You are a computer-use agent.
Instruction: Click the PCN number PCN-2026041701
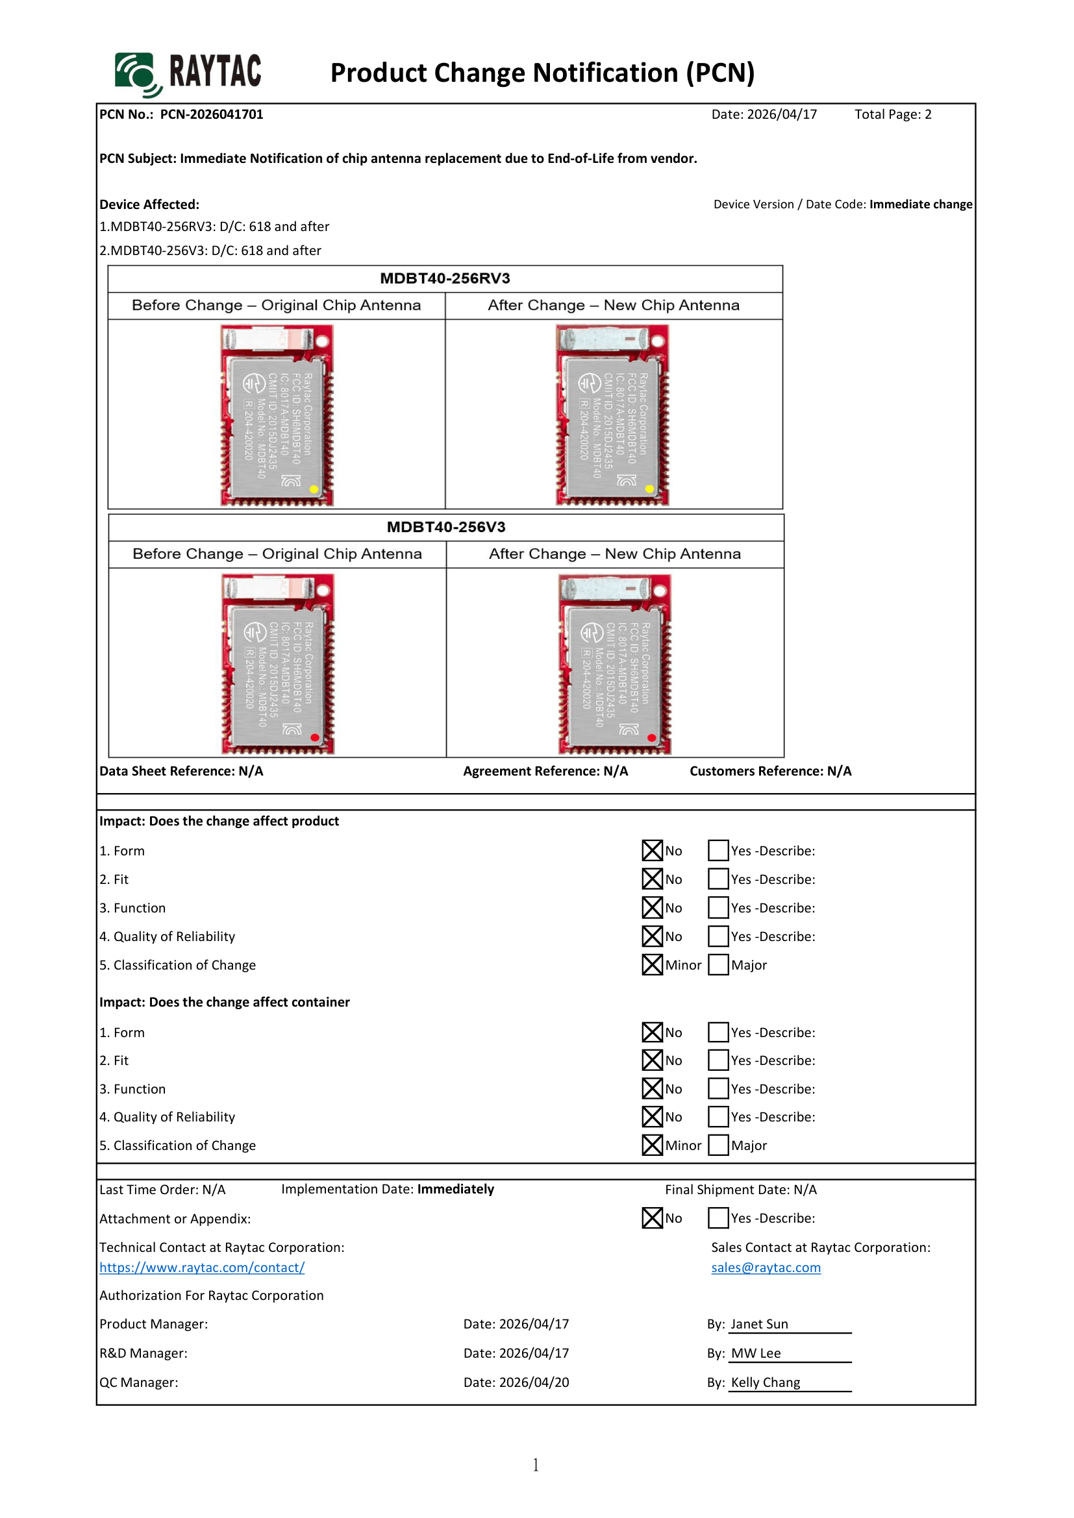tap(212, 114)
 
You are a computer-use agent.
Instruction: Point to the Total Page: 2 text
tap(893, 114)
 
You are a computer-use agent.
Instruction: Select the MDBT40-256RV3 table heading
tap(445, 278)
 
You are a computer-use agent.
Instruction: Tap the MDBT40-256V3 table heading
tap(445, 527)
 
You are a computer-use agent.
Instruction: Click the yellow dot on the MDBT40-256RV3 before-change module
tap(314, 489)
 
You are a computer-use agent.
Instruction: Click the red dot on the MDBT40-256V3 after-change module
tap(651, 738)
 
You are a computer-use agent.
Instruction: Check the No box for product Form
tap(652, 850)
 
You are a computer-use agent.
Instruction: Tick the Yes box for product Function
tap(718, 908)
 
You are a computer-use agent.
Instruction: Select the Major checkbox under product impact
tap(718, 964)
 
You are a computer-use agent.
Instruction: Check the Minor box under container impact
tap(652, 1145)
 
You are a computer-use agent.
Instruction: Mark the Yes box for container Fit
tap(718, 1060)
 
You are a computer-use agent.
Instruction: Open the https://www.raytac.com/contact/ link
tap(202, 1267)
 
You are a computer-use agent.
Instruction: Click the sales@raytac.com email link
tap(766, 1267)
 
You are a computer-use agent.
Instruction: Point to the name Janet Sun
tap(759, 1325)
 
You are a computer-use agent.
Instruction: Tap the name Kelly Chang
tap(765, 1382)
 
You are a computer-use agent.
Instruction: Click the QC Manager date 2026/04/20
tap(534, 1382)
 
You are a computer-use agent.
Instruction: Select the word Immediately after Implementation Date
tap(456, 1190)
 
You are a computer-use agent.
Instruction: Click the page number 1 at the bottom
tap(536, 1465)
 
